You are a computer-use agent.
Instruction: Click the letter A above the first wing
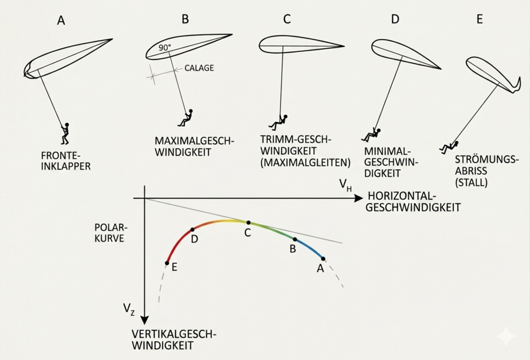pyautogui.click(x=61, y=21)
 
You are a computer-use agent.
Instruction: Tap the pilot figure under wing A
pyautogui.click(x=65, y=134)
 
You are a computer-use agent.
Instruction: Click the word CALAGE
pyautogui.click(x=199, y=68)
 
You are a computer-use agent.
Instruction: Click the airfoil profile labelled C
pyautogui.click(x=301, y=45)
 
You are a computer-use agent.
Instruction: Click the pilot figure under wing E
pyautogui.click(x=450, y=147)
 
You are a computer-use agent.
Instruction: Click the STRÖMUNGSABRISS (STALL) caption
pyautogui.click(x=488, y=171)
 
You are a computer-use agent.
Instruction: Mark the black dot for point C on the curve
pyautogui.click(x=248, y=223)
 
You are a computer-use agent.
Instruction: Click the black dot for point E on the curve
pyautogui.click(x=167, y=263)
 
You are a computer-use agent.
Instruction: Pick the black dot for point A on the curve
pyautogui.click(x=323, y=258)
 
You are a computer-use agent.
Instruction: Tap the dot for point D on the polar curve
pyautogui.click(x=193, y=230)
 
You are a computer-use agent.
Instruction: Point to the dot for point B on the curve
pyautogui.click(x=294, y=239)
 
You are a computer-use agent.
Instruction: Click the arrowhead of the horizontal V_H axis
pyautogui.click(x=359, y=199)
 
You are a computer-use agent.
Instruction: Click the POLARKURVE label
pyautogui.click(x=111, y=233)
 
